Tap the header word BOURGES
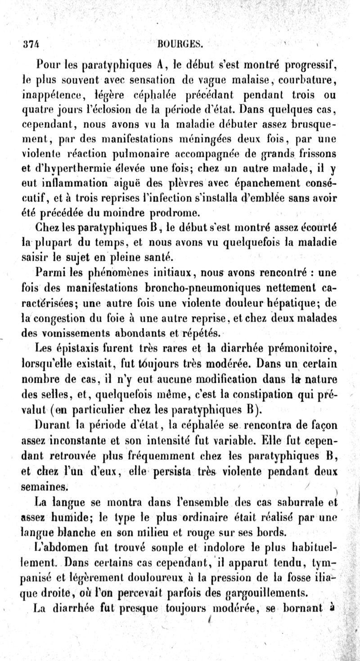tap(178, 44)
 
